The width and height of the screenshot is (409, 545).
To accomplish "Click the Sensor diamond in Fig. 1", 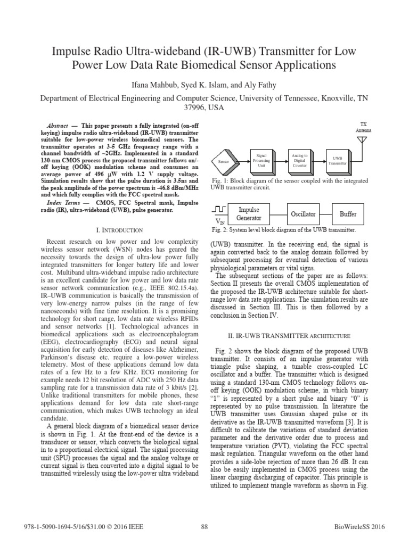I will (x=223, y=161).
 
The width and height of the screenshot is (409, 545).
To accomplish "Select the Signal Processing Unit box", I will (x=262, y=160).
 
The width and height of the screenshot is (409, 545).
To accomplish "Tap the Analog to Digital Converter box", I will (x=299, y=160).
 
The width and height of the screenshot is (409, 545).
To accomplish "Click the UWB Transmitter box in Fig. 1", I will (x=337, y=160).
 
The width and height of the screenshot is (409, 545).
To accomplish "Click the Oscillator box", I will (x=303, y=214).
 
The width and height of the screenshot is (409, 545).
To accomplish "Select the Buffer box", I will (x=348, y=214).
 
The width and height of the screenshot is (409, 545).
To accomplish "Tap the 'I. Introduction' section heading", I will (x=119, y=230).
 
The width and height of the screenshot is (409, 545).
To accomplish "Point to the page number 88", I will (x=204, y=527).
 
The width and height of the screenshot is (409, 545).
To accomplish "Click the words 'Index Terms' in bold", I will (x=62, y=203).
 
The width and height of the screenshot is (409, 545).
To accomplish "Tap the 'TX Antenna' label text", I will (x=364, y=126).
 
